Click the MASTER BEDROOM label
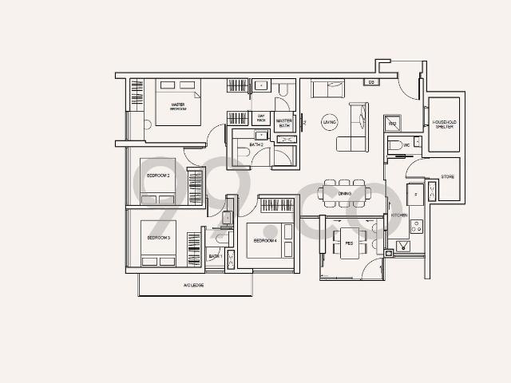(178, 107)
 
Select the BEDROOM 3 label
(160, 238)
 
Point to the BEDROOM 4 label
(265, 240)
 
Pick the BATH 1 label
(215, 256)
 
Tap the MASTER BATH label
(284, 123)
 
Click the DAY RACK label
(261, 118)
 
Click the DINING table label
(345, 193)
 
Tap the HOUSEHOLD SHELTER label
(444, 124)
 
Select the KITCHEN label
(399, 215)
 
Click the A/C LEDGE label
(194, 285)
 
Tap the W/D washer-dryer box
(392, 124)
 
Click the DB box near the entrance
(371, 82)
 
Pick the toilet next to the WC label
(394, 145)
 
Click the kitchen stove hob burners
(416, 226)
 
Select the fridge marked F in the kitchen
(414, 193)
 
